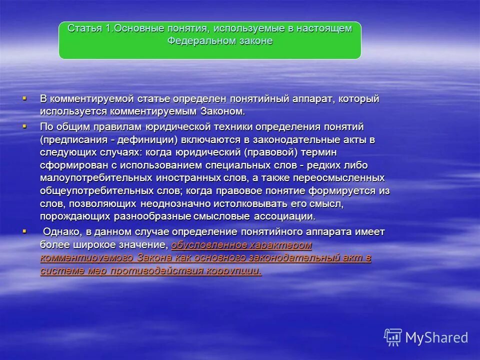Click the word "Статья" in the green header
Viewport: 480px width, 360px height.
(84, 28)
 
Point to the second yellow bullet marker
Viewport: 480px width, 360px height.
(24, 126)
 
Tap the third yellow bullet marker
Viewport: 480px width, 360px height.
(24, 231)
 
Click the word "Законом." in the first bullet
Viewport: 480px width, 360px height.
(223, 111)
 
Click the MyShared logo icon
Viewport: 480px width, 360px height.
(393, 337)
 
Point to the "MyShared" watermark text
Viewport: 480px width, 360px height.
(436, 338)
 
